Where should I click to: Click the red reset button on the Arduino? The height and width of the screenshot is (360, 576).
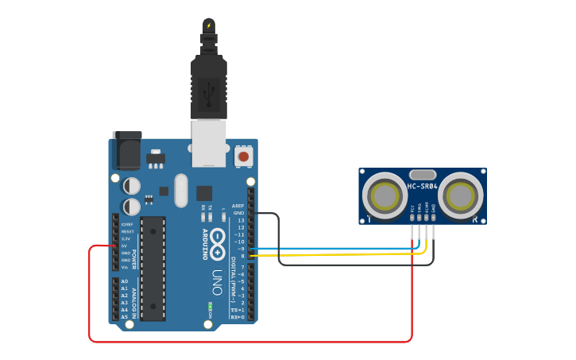pyautogui.click(x=244, y=157)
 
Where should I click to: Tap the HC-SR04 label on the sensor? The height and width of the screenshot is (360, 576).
pyautogui.click(x=422, y=187)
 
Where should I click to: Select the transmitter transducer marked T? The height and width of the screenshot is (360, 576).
pyautogui.click(x=385, y=194)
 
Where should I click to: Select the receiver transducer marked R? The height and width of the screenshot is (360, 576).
pyautogui.click(x=461, y=194)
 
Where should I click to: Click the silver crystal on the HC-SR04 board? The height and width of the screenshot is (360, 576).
pyautogui.click(x=422, y=174)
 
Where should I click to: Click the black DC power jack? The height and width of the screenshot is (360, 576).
pyautogui.click(x=127, y=151)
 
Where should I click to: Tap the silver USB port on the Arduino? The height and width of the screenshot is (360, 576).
pyautogui.click(x=210, y=143)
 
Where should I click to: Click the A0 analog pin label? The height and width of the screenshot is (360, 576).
pyautogui.click(x=124, y=281)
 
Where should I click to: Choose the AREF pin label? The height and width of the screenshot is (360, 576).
pyautogui.click(x=238, y=207)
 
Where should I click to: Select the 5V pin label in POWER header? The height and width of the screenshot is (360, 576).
pyautogui.click(x=126, y=246)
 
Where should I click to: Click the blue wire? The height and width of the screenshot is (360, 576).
pyautogui.click(x=334, y=249)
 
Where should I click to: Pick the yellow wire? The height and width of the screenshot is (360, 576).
pyautogui.click(x=334, y=255)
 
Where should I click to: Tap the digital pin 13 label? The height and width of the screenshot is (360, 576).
pyautogui.click(x=240, y=220)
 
